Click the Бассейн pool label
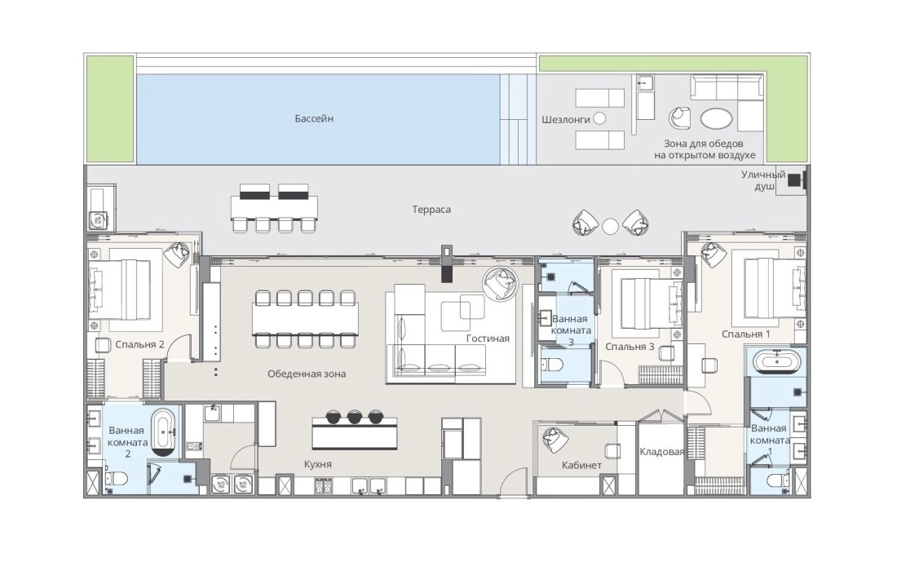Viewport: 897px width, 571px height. (314, 119)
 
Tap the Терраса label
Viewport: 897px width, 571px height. (431, 210)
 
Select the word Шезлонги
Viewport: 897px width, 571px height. (566, 120)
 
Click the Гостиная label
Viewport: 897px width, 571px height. (488, 339)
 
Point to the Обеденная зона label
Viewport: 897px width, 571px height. (307, 374)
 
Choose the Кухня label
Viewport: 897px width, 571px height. (318, 464)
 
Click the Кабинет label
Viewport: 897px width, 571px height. (581, 465)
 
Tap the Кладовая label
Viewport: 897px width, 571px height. (662, 452)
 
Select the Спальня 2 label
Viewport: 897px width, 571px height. (140, 344)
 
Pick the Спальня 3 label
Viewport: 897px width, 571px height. (630, 346)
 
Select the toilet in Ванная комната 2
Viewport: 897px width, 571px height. (116, 478)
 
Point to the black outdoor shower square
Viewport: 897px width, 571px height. (793, 180)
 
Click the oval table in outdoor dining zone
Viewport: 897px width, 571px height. (716, 120)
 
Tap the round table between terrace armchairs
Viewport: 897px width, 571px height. (611, 227)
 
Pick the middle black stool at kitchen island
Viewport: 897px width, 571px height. (355, 416)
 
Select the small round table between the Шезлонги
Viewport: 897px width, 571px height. (599, 119)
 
